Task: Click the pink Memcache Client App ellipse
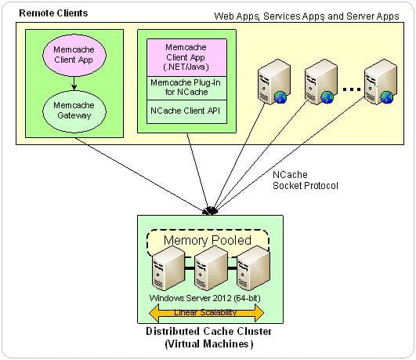coord(74,55)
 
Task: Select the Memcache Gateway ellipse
coord(74,111)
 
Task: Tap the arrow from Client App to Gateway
coord(74,83)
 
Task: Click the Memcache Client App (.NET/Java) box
coord(186,58)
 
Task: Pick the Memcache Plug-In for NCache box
coord(186,88)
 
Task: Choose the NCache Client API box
coord(186,111)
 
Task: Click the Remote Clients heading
coord(53,13)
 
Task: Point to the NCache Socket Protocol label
coord(306,180)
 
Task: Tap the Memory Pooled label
coord(208,240)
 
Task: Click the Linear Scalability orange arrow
coord(206,312)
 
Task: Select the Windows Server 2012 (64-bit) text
coord(204,298)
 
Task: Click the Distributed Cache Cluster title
coord(209,331)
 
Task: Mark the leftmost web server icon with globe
coord(273,82)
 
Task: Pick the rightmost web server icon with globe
coord(381,82)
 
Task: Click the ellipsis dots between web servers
coord(351,89)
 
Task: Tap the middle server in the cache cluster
coord(211,268)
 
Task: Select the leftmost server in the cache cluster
coord(168,268)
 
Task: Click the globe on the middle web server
coord(327,97)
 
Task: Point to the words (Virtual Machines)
coord(209,344)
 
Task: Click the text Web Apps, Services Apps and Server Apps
coord(306,16)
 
